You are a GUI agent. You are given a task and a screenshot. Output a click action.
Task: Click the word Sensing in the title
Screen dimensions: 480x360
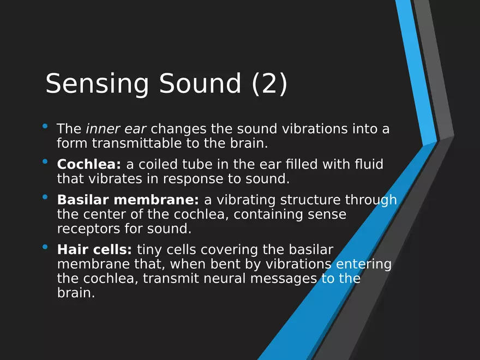[x=97, y=84]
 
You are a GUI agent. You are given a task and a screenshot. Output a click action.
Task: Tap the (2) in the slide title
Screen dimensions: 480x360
[x=269, y=83]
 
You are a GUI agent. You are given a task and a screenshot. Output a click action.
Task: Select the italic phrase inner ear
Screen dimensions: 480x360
[x=116, y=129]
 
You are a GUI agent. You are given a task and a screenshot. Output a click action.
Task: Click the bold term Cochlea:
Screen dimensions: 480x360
[x=89, y=164]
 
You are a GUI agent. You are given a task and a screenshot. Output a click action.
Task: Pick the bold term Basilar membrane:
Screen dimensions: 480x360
[x=128, y=200]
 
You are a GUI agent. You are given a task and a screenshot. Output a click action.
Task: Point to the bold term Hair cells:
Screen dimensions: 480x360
[x=94, y=249]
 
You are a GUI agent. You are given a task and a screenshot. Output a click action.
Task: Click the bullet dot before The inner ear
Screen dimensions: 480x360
[x=45, y=126]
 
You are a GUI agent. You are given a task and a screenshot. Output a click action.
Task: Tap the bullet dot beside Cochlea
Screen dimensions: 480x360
[x=45, y=161]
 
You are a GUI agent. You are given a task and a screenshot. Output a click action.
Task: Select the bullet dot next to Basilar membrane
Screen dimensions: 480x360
[x=45, y=197]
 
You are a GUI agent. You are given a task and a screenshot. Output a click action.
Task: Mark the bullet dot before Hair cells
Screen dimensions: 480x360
[x=45, y=247]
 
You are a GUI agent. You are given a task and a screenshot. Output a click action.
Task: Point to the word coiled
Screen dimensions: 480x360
[x=158, y=164]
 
